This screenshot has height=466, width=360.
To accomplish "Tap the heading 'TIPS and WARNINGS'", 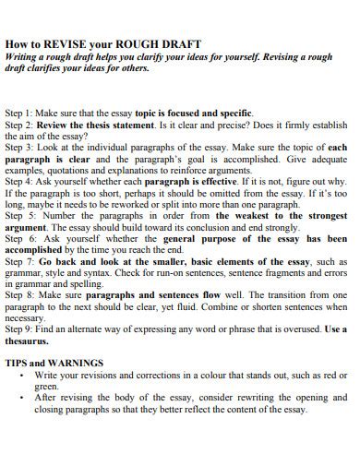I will (x=54, y=363).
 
